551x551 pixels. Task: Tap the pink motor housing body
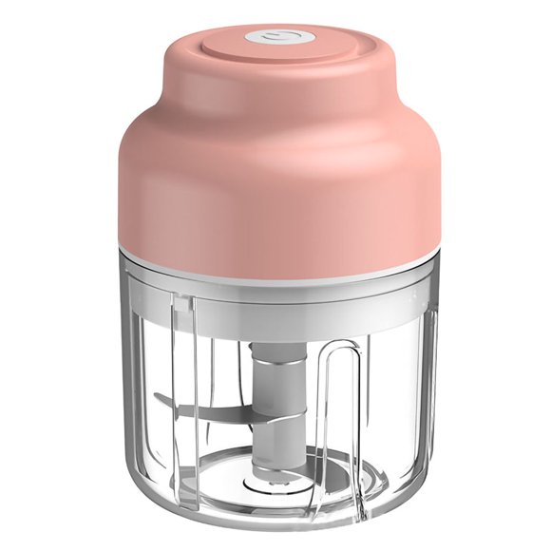coord(275,190)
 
